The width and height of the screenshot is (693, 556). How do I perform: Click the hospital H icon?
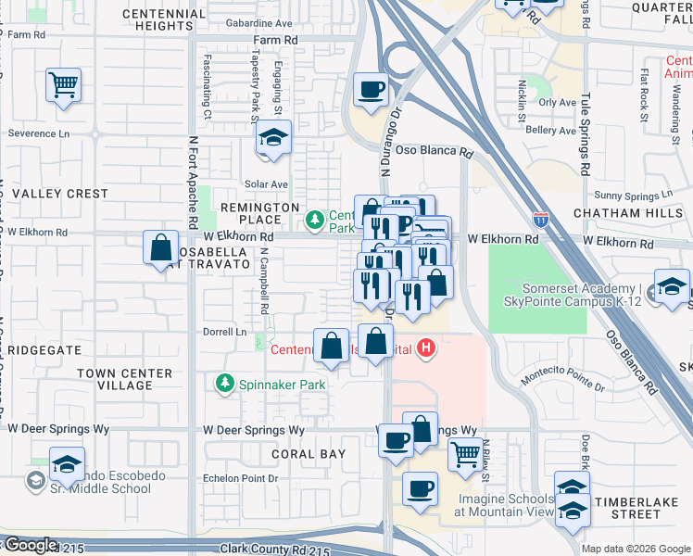425,348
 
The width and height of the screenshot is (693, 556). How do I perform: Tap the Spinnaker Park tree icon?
223,382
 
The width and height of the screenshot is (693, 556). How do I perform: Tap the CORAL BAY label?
309,454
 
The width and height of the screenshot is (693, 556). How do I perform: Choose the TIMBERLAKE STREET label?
640,508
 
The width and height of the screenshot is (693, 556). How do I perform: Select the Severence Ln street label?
39,133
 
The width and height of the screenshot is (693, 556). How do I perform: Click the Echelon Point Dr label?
240,478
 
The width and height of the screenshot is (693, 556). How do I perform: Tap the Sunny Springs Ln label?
627,196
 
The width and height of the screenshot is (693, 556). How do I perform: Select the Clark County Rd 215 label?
274,550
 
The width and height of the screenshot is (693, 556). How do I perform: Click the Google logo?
31,545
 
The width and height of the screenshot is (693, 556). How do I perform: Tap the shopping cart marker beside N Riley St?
465,454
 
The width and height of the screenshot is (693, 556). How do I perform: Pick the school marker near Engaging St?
273,138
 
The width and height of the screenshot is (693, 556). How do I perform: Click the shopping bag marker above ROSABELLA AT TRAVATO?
161,247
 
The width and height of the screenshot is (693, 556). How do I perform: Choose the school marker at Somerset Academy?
672,286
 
